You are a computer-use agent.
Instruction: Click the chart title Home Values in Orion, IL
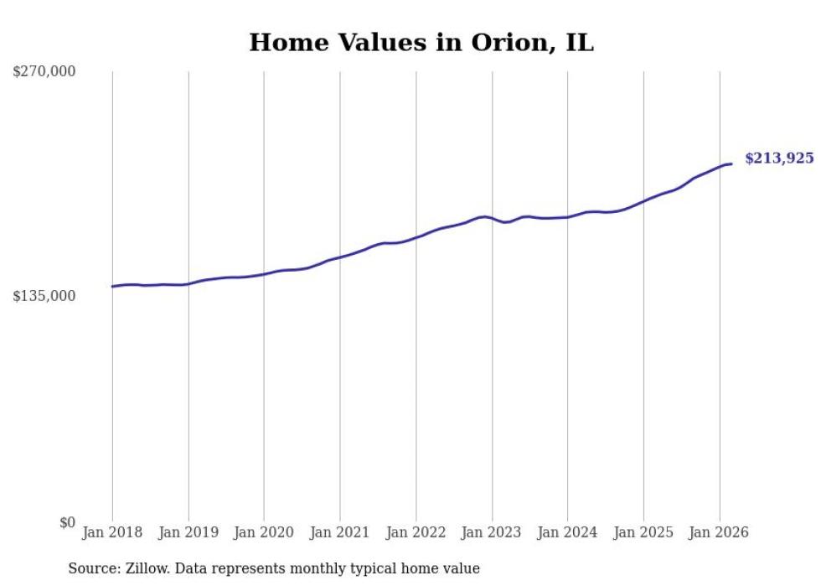point(421,43)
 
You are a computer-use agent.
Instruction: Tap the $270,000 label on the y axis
point(44,71)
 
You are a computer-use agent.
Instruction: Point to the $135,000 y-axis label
point(44,296)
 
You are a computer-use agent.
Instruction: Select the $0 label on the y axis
point(67,522)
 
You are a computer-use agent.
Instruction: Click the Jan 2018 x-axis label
point(112,532)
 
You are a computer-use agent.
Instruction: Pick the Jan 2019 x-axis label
point(188,532)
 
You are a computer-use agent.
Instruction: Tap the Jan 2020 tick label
point(264,532)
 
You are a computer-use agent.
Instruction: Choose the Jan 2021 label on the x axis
point(340,532)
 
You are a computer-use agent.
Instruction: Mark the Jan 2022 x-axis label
point(416,532)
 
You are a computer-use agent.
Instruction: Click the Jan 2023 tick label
point(492,532)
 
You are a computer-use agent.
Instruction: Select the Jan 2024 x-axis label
point(568,532)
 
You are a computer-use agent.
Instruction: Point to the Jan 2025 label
point(643,532)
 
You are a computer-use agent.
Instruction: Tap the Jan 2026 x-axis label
point(720,532)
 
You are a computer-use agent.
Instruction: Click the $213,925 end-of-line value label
point(779,158)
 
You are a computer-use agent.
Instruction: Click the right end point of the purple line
point(731,163)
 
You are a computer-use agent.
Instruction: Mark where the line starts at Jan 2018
point(112,287)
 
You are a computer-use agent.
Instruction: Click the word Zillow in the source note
point(146,568)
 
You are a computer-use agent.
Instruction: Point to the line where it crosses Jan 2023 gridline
point(492,218)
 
